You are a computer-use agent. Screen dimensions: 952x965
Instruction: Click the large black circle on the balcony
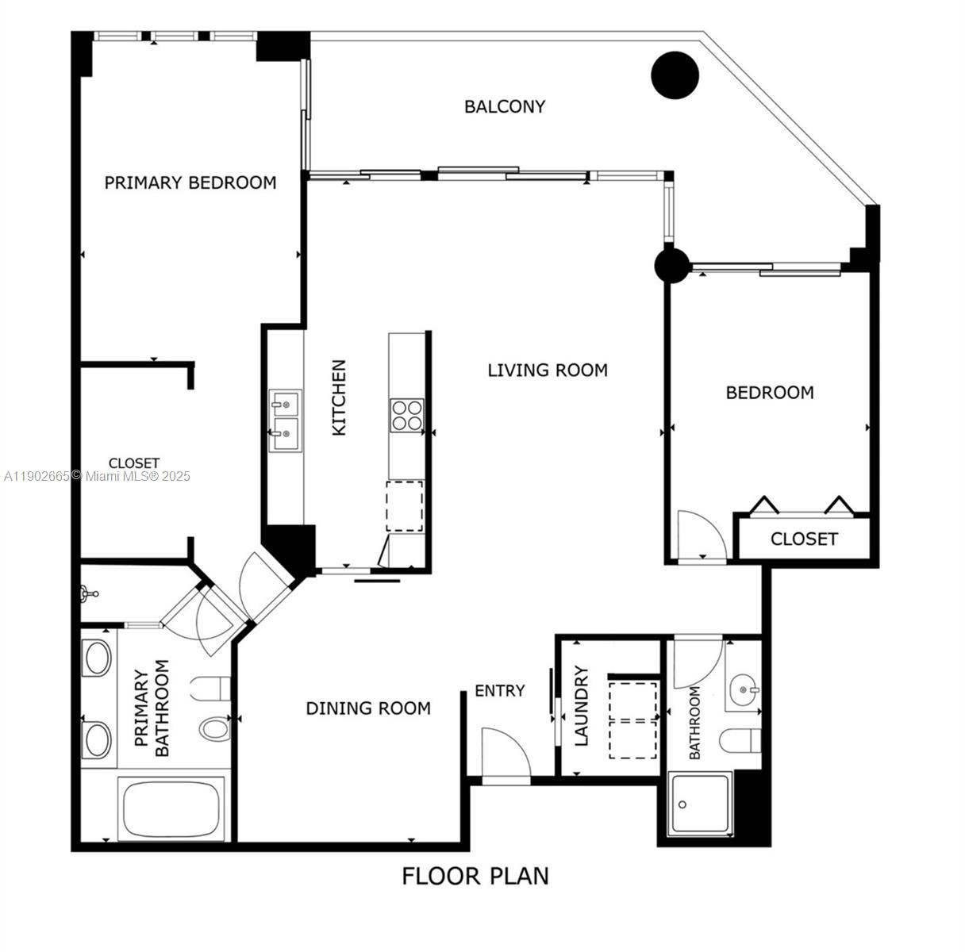675,75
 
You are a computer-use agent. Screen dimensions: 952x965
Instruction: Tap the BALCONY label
505,106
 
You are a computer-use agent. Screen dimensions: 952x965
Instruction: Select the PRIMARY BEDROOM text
190,182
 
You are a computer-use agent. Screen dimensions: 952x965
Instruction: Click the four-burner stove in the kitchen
406,415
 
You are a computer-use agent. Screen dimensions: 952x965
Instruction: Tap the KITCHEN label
339,397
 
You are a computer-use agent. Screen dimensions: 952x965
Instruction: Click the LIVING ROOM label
548,370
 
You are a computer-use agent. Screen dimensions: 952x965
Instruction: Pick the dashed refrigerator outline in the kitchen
405,506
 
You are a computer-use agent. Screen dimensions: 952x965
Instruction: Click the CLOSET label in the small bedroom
804,539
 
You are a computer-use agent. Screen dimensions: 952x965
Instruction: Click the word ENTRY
500,691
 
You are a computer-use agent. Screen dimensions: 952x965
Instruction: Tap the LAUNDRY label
582,706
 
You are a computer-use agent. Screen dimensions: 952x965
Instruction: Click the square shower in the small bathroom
699,804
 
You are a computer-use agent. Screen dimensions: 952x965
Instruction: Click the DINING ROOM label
368,708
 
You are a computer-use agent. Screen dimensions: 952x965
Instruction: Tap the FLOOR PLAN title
475,876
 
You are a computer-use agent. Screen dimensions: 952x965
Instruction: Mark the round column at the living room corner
672,265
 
